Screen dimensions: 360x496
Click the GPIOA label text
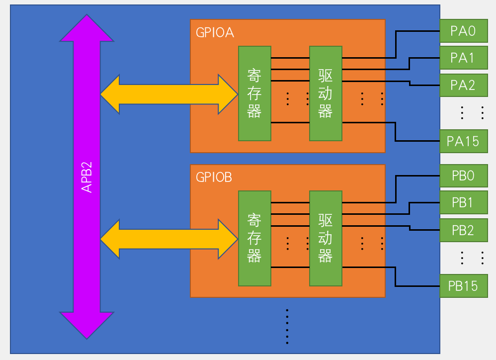(x=215, y=33)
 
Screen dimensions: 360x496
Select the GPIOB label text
(x=214, y=177)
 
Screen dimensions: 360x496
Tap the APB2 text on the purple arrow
(x=87, y=176)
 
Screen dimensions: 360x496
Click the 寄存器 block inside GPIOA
(x=254, y=93)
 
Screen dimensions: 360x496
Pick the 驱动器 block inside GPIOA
(x=326, y=93)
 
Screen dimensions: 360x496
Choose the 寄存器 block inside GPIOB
(x=254, y=238)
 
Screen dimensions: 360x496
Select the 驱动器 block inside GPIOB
(x=326, y=238)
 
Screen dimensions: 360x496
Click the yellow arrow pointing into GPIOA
(x=169, y=94)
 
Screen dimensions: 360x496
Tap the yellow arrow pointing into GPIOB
(x=169, y=240)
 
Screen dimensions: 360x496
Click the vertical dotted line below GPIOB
(x=287, y=326)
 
